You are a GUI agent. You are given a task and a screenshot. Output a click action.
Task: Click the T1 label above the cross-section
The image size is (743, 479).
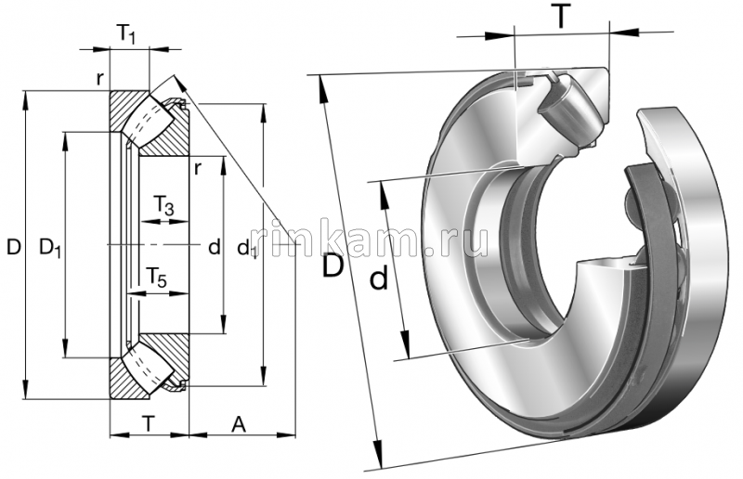(127, 35)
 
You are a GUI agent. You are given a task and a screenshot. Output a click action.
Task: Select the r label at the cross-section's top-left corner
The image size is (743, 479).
(99, 78)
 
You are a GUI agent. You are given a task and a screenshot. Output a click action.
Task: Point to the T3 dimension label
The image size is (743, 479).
(163, 205)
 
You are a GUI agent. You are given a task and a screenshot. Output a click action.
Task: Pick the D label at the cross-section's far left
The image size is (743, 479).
(13, 247)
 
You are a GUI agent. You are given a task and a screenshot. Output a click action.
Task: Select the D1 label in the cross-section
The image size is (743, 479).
(46, 247)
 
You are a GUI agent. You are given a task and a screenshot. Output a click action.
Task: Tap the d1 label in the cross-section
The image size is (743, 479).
(247, 249)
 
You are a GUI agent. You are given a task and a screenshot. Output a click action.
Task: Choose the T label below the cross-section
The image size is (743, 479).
(148, 423)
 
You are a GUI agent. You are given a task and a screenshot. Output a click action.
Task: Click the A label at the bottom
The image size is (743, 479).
(239, 423)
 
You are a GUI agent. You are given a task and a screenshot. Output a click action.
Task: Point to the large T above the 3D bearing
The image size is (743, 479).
(560, 16)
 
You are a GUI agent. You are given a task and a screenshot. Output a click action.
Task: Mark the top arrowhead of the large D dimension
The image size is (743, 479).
(322, 84)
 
